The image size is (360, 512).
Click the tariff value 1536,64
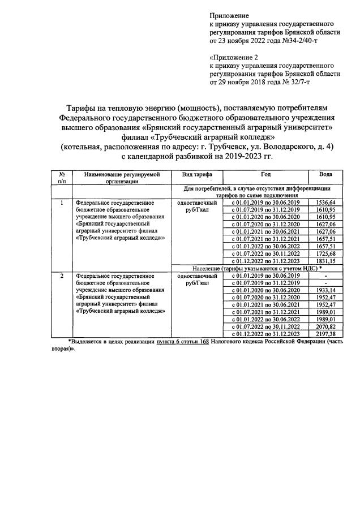point(325,202)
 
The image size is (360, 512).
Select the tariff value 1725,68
point(325,253)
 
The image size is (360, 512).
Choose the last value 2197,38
point(325,334)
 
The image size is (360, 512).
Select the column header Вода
point(325,174)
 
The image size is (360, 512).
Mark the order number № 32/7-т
point(291,82)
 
